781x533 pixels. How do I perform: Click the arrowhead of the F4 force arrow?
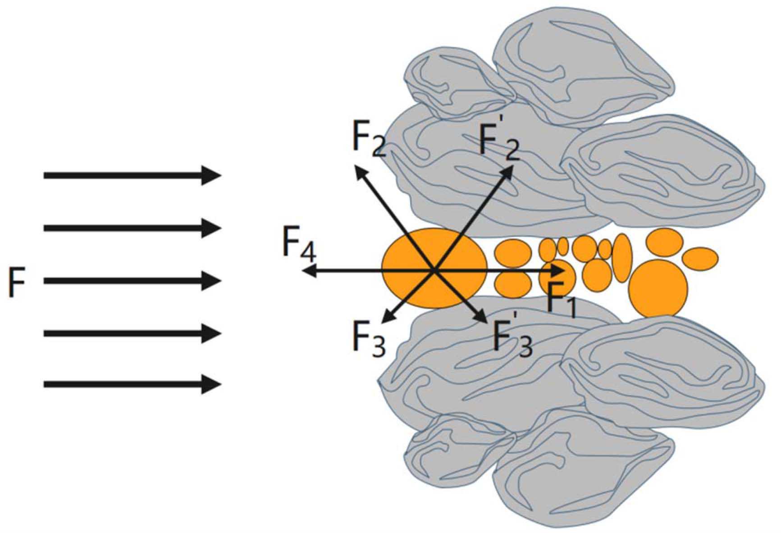point(308,271)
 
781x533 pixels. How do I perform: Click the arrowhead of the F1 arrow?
point(559,271)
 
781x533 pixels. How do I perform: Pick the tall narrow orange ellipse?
point(621,258)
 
